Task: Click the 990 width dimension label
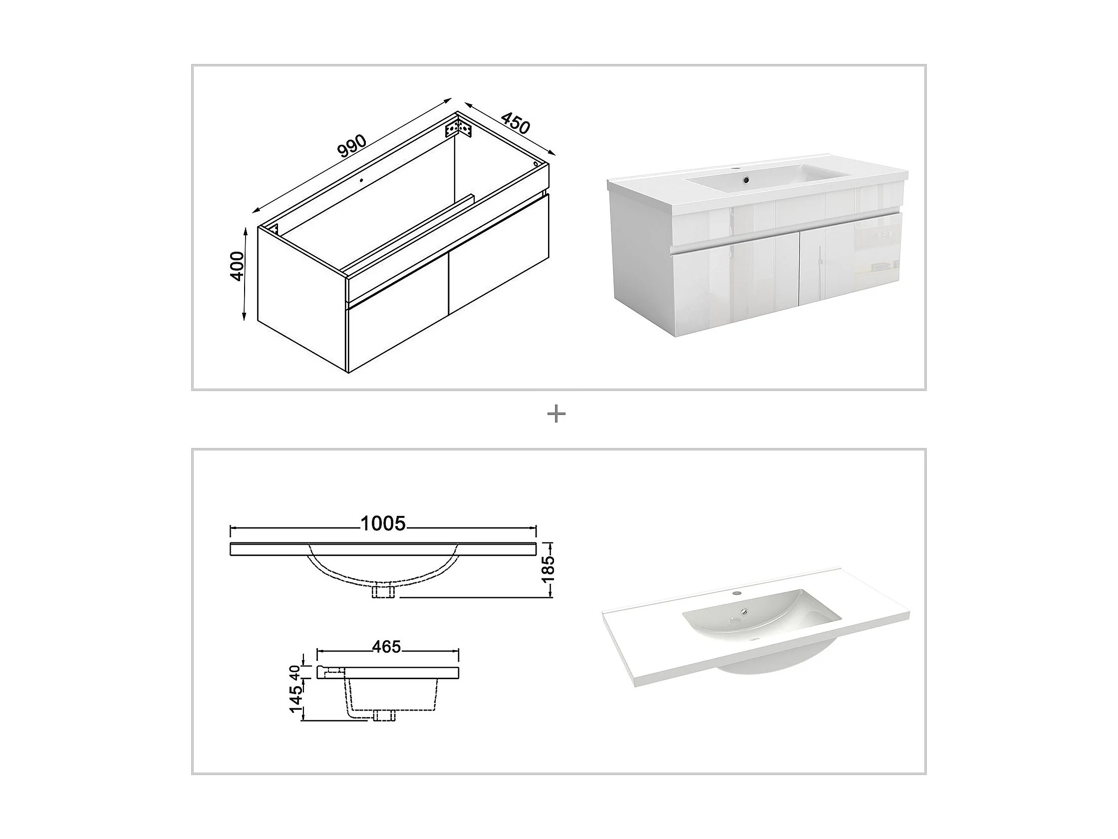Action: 352,146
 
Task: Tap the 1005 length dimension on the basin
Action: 383,524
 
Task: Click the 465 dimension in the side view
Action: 387,646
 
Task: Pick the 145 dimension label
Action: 296,696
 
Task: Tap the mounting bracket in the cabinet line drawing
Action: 458,128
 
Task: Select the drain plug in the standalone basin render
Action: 743,612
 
